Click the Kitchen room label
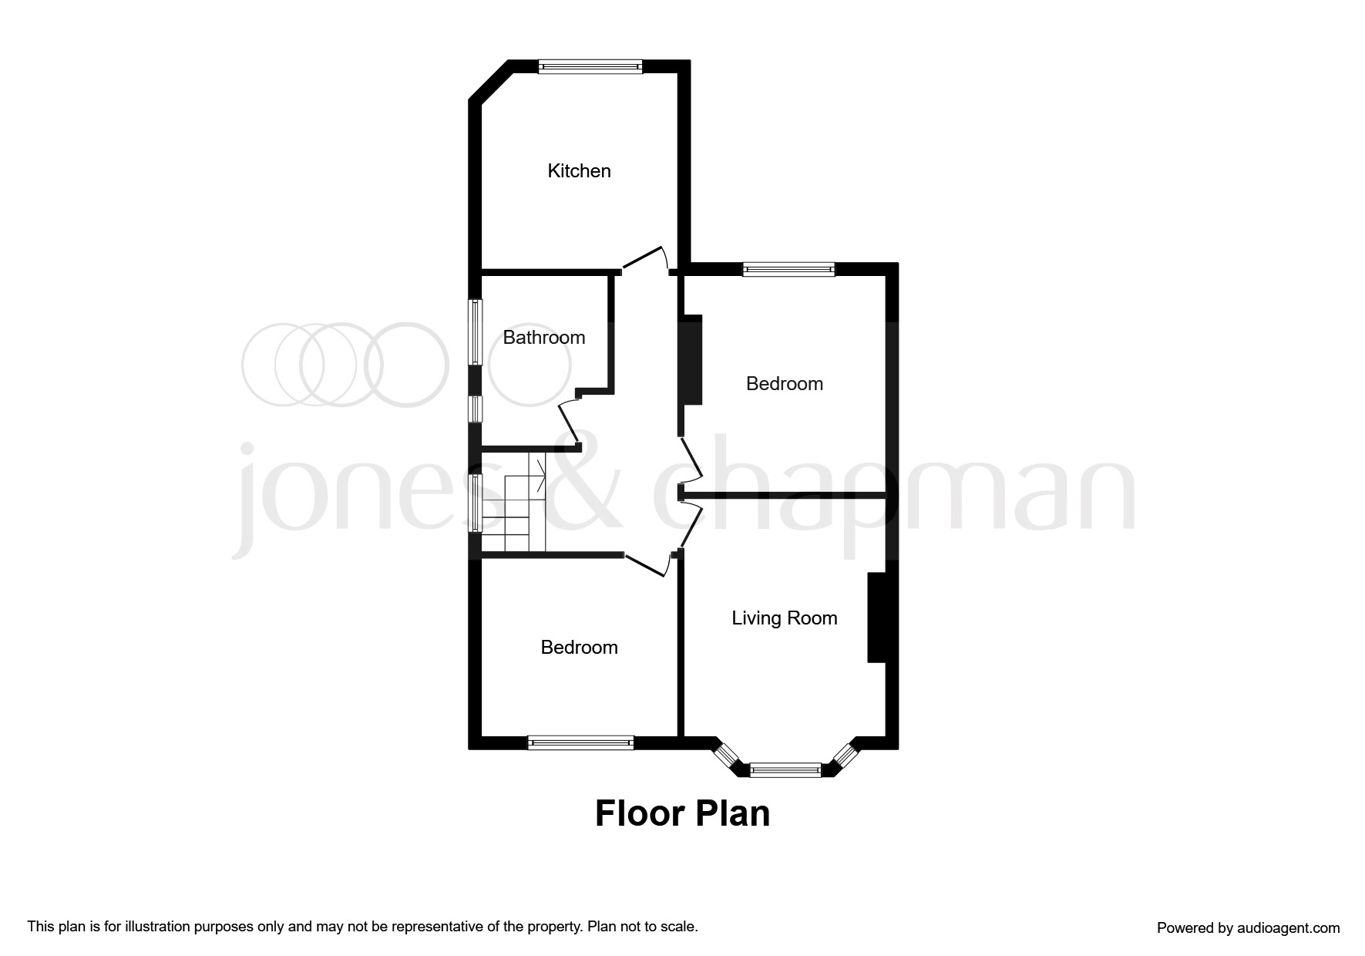point(579,170)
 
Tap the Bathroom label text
point(543,337)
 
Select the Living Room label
point(784,618)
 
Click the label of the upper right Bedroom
point(784,383)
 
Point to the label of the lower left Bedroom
point(579,647)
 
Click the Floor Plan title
point(682,813)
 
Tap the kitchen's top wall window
point(590,66)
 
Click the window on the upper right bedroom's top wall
point(788,269)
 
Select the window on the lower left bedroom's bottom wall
point(580,742)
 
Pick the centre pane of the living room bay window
point(785,769)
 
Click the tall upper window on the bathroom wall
point(476,332)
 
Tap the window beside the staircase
point(476,502)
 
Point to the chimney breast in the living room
point(876,617)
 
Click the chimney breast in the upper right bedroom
point(691,359)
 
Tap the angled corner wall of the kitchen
point(490,80)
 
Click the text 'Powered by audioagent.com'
point(1248,928)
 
